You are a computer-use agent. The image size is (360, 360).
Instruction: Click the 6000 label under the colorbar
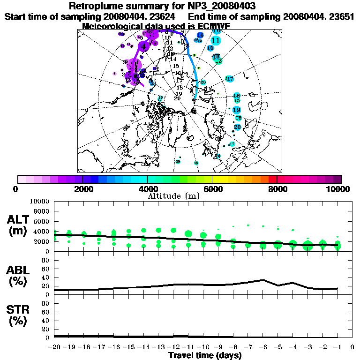[212, 189]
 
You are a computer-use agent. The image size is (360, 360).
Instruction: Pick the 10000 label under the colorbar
[338, 189]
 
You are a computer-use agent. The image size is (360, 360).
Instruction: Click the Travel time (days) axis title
[205, 355]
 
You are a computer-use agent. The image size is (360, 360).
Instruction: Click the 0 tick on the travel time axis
[352, 347]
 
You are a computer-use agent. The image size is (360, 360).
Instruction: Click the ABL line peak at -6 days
[263, 280]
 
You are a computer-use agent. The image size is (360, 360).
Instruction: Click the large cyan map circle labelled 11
[216, 41]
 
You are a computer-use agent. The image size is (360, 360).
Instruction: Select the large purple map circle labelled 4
[143, 45]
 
